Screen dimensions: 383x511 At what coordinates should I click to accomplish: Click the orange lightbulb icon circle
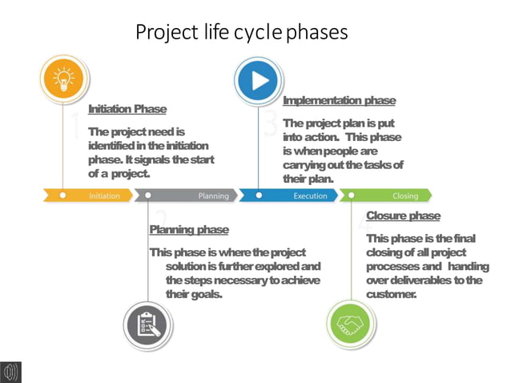(x=62, y=79)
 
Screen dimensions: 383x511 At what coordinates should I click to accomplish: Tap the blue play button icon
(x=259, y=79)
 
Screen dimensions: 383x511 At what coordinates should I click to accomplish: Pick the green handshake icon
(x=351, y=325)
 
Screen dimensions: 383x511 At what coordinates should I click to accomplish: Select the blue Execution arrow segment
(x=288, y=195)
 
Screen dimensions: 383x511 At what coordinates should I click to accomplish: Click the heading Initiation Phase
(x=127, y=109)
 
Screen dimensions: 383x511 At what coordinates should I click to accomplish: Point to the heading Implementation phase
(x=339, y=101)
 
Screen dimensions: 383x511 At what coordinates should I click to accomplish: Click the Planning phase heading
(x=189, y=230)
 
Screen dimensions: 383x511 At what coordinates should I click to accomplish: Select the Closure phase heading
(x=403, y=216)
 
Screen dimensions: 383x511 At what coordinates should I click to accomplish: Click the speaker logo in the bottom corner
(x=10, y=372)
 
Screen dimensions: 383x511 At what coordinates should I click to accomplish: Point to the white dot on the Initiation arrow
(x=62, y=195)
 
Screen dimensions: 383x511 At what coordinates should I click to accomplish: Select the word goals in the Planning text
(x=204, y=294)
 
